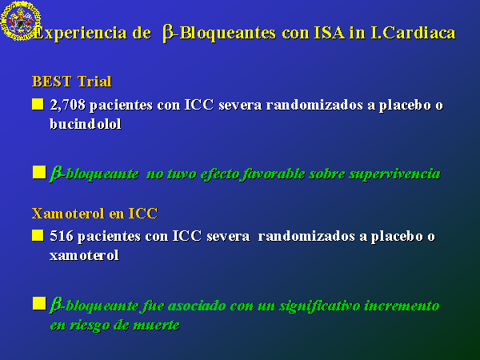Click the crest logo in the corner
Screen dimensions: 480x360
[x=21, y=21]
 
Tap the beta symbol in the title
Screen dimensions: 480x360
[x=168, y=33]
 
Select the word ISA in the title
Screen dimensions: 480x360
[x=330, y=33]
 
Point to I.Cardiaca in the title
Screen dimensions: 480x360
[x=413, y=33]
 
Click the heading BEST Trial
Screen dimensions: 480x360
[x=72, y=82]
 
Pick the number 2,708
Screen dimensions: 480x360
[x=67, y=105]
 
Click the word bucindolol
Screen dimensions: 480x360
[x=86, y=124]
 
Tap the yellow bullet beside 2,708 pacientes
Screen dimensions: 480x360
[x=38, y=104]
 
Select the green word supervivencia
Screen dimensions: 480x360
[x=395, y=174]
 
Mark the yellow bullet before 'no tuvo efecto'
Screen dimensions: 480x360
[x=39, y=172]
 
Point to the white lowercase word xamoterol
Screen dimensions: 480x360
[x=84, y=256]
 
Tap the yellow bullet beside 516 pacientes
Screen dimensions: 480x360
[x=38, y=236]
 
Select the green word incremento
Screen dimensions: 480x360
[x=402, y=306]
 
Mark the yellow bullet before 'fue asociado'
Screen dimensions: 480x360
[x=39, y=303]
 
